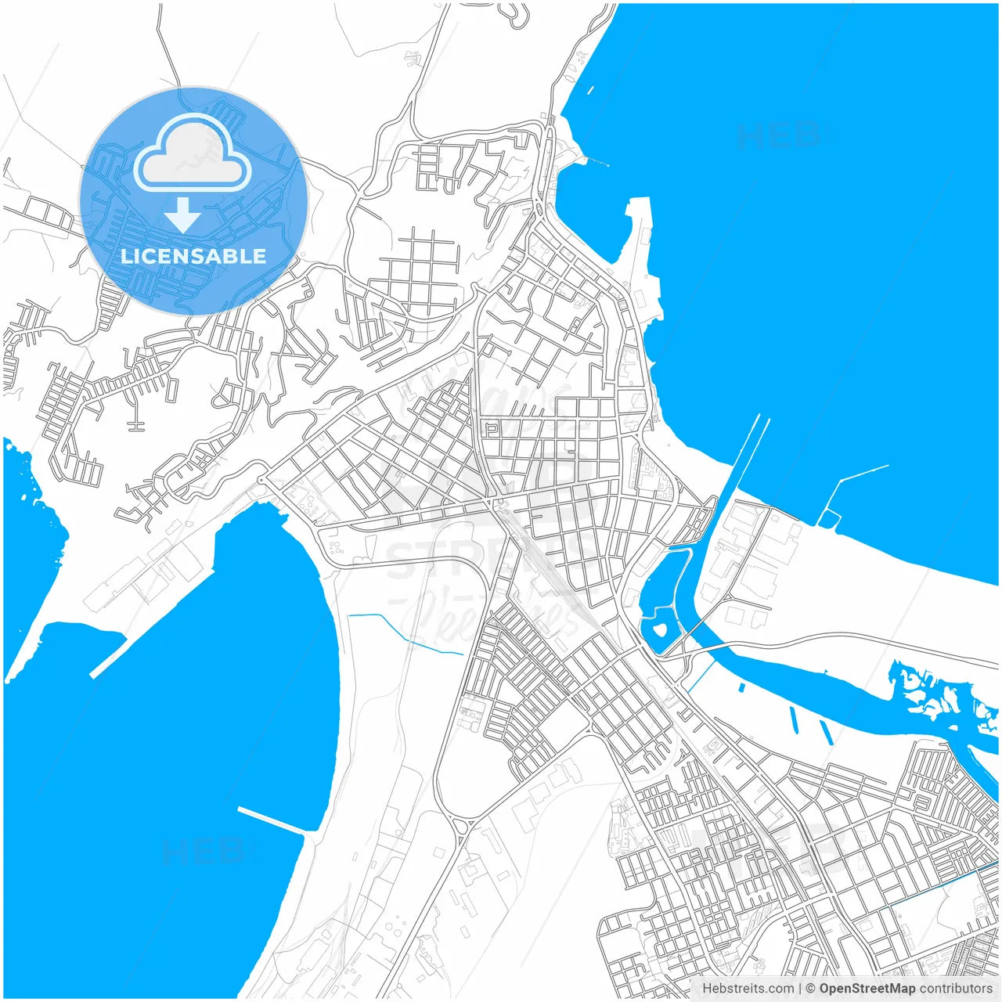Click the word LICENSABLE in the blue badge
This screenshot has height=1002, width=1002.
click(193, 256)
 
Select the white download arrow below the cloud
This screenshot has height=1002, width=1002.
click(182, 214)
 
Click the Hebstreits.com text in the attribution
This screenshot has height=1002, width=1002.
click(748, 989)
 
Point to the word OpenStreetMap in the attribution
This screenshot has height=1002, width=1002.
click(867, 989)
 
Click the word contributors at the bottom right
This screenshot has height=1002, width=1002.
click(955, 989)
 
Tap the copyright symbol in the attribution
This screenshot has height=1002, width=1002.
click(811, 989)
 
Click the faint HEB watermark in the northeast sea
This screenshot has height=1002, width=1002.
click(779, 135)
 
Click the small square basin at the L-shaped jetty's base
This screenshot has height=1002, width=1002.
click(828, 519)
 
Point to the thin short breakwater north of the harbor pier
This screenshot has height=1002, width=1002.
click(595, 162)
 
